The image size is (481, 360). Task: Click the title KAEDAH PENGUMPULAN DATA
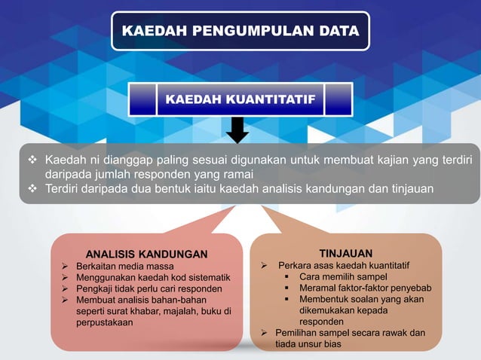240,31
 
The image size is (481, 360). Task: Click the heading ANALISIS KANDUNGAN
146,253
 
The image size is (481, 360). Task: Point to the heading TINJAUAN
345,253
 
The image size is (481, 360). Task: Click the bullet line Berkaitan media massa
124,267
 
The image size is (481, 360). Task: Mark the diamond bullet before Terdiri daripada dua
32,188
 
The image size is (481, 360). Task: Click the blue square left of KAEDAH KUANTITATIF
142,99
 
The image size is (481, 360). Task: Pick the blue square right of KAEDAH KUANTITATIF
339,99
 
